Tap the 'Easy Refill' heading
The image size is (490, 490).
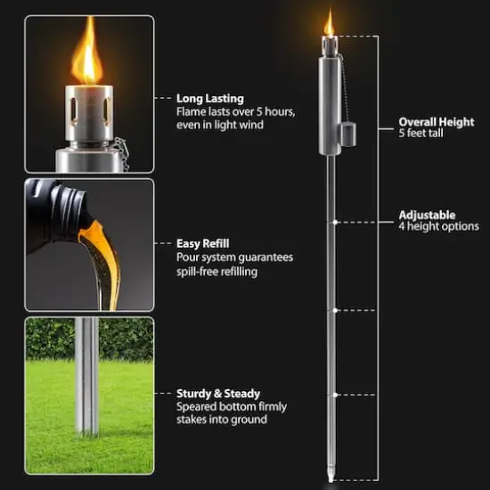point(204,242)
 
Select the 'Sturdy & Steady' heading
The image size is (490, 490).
point(218,393)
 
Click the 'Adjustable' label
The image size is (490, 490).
point(427,215)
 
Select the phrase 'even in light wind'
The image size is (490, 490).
point(220,126)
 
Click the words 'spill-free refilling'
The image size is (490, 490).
point(217,271)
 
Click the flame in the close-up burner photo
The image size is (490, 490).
point(86,58)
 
